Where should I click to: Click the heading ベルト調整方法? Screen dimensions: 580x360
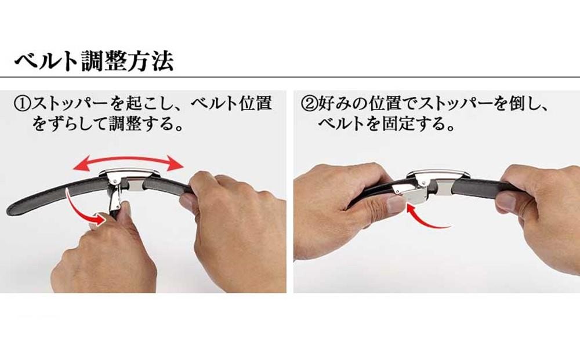click(94, 61)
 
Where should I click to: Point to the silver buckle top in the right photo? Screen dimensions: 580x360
click(438, 176)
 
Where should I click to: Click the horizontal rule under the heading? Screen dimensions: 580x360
click(290, 77)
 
